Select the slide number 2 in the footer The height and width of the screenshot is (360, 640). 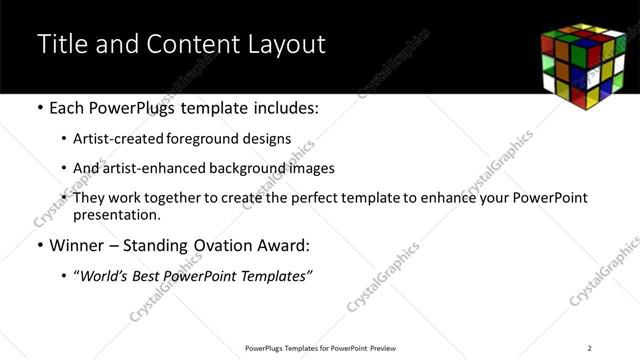pos(591,348)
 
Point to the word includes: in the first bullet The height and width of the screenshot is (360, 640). pos(283,107)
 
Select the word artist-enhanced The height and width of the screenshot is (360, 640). pos(151,168)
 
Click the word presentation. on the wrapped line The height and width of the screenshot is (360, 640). pos(116,214)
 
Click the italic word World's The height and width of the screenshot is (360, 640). pos(103,275)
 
